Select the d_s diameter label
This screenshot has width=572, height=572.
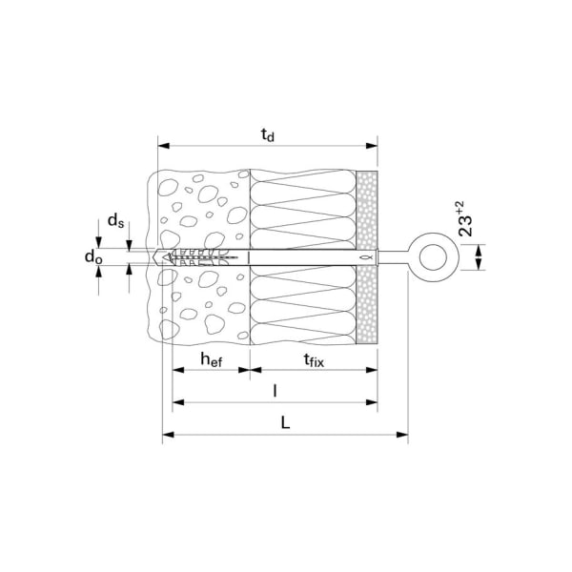[115, 221]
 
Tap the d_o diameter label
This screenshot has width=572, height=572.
[92, 257]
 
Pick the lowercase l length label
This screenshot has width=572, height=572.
[275, 391]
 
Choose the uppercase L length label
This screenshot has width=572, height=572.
[285, 423]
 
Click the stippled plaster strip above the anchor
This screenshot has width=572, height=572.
[367, 210]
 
